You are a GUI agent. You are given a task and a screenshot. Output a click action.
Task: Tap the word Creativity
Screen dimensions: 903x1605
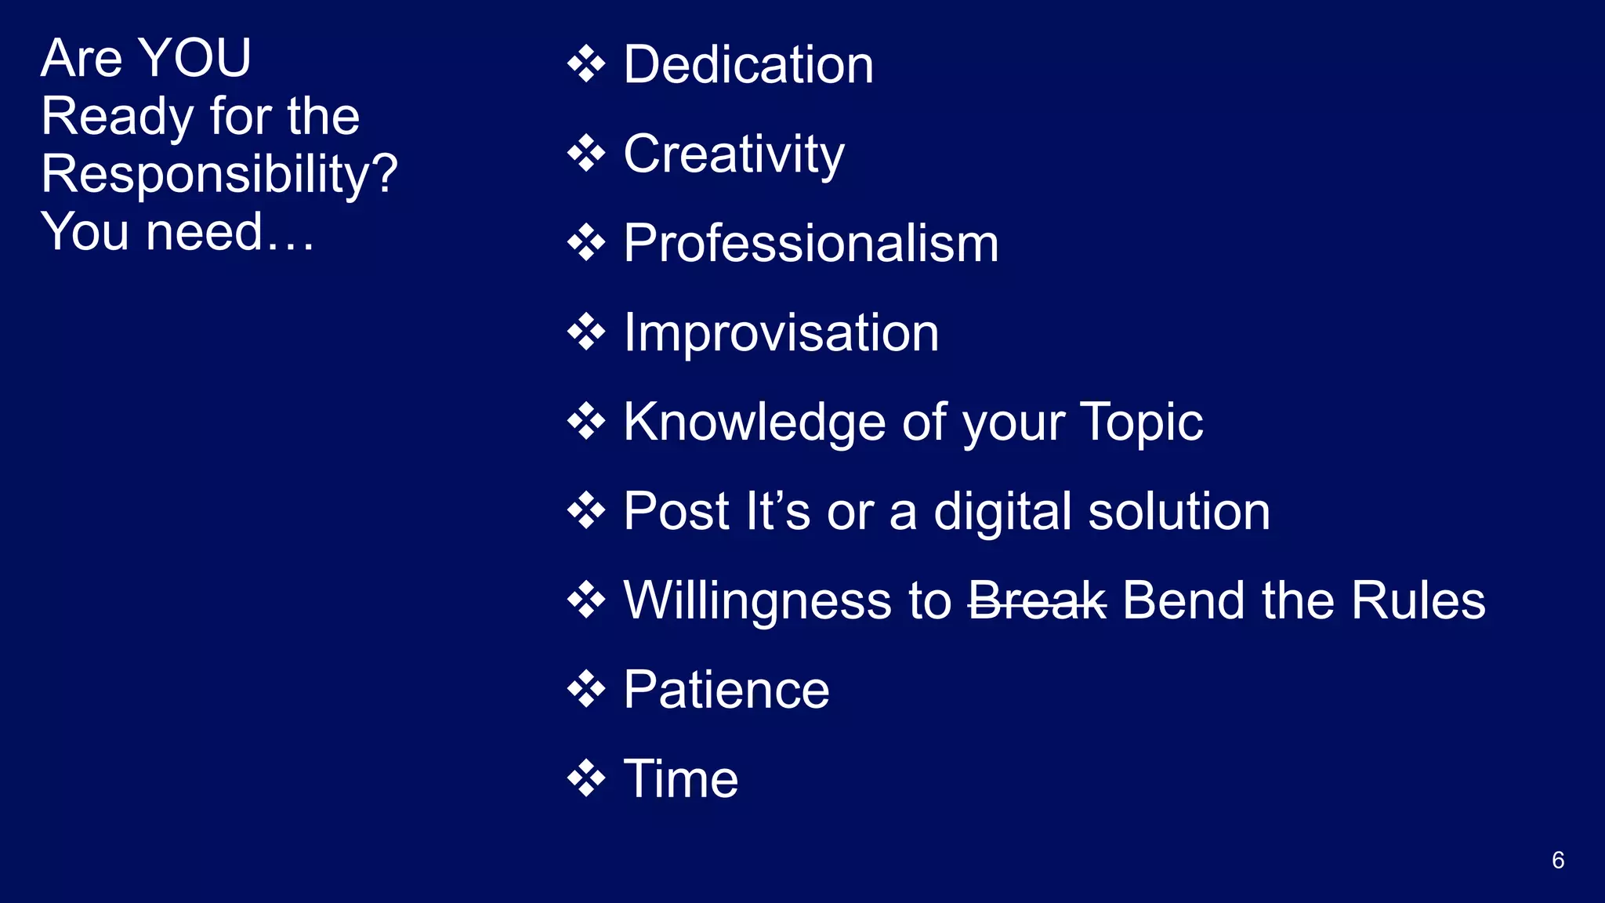(734, 154)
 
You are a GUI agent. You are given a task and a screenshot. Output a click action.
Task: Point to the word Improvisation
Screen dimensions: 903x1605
(781, 333)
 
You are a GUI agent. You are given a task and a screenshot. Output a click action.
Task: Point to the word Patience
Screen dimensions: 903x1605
(726, 691)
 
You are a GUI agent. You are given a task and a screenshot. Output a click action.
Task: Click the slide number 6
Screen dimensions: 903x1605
(1558, 860)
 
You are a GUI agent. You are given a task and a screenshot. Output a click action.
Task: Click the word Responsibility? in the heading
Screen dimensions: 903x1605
(219, 174)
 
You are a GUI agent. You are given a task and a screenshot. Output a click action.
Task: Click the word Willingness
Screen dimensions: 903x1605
(757, 602)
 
